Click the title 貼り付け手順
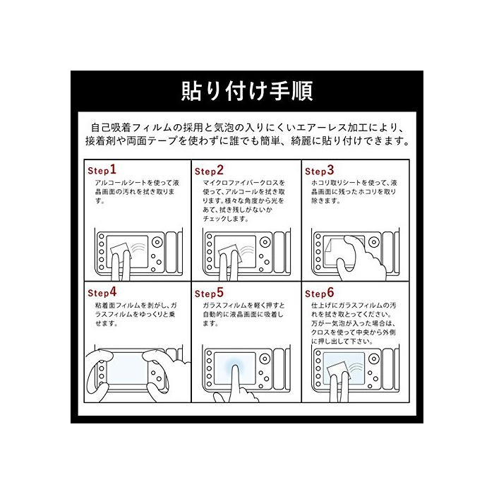(x=247, y=91)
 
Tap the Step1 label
(x=102, y=170)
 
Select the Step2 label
(x=209, y=171)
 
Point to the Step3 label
(x=320, y=171)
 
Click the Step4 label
(x=102, y=292)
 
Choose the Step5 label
(x=209, y=293)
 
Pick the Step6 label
(x=320, y=293)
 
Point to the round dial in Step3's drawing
(x=374, y=242)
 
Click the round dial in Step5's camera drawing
(x=265, y=359)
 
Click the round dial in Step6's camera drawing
(x=374, y=359)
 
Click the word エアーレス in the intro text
(x=325, y=128)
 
